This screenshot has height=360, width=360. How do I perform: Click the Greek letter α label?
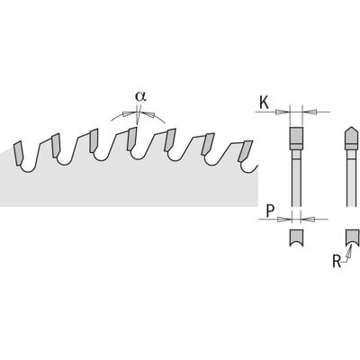pos(140,96)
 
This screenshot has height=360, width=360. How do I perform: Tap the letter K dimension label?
pos(264,103)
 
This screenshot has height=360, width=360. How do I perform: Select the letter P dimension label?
pos(270,211)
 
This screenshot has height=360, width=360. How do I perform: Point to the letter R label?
pos(337,261)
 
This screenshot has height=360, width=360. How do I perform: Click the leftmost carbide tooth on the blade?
pos(18,152)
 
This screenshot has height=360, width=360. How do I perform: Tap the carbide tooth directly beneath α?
pos(132,139)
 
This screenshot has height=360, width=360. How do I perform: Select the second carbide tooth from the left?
pos(56,145)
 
